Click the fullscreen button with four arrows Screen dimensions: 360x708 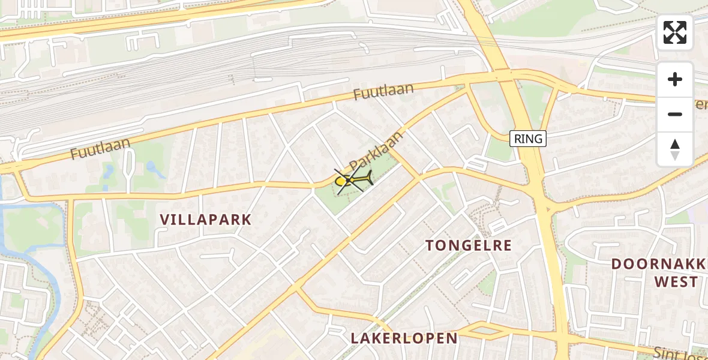pos(675,32)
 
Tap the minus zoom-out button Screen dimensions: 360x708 pos(675,114)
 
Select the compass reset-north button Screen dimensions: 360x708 pos(675,149)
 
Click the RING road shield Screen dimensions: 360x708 pos(528,139)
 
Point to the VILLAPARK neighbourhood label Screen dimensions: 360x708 pos(206,220)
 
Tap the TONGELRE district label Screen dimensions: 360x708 pos(469,245)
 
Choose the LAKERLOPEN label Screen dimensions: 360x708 pos(404,338)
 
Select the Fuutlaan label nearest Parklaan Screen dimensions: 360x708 pos(383,92)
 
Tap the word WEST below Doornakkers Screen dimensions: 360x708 pos(676,282)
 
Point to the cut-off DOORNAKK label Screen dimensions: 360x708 pos(659,264)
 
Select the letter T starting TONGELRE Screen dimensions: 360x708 pos(430,245)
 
